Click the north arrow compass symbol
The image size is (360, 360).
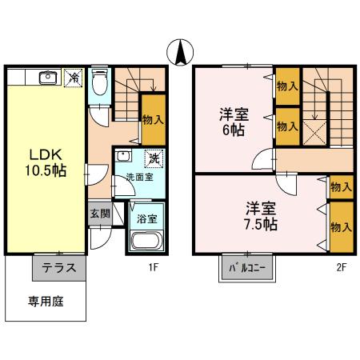(x=180, y=52)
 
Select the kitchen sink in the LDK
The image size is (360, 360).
(x=46, y=78)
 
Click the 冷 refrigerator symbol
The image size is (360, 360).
(x=74, y=78)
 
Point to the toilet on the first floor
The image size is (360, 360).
(x=98, y=82)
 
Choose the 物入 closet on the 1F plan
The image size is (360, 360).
(x=153, y=119)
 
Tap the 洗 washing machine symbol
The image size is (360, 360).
(x=154, y=158)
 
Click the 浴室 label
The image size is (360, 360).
(x=147, y=217)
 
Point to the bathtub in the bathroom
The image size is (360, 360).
(x=147, y=240)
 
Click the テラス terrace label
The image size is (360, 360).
(x=59, y=268)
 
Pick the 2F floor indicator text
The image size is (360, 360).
(x=341, y=268)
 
